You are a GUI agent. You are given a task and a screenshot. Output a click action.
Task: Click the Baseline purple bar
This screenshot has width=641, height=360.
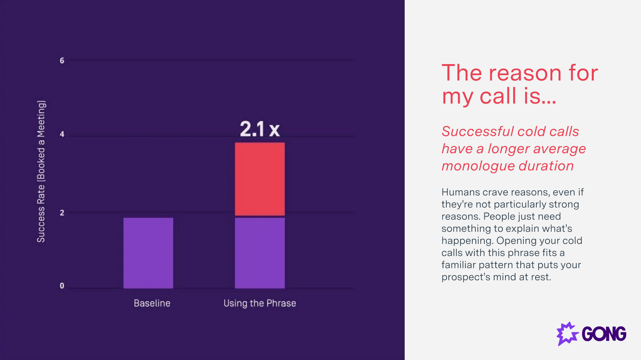(x=148, y=253)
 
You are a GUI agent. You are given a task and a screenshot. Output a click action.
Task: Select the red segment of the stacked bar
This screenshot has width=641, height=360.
(x=260, y=179)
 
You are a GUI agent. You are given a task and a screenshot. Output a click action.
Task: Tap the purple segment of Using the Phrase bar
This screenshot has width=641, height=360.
(x=260, y=253)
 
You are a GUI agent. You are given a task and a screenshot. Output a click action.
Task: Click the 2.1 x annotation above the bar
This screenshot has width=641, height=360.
(x=260, y=129)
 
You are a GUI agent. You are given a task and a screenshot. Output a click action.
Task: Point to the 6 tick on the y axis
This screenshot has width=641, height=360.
(x=62, y=61)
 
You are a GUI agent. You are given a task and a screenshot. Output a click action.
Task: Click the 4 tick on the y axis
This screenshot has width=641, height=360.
(x=62, y=134)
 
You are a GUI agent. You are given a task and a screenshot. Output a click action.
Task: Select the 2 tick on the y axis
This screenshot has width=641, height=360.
(x=62, y=213)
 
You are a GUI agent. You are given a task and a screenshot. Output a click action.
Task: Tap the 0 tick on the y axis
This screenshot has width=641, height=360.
(x=62, y=286)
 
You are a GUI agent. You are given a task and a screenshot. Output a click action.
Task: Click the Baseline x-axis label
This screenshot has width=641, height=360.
(x=152, y=303)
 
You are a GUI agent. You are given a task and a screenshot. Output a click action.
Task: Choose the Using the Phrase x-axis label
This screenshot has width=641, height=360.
(x=260, y=303)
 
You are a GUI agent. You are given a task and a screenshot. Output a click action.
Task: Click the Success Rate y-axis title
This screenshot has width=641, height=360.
(x=41, y=171)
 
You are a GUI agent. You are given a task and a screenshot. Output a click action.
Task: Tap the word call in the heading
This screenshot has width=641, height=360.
(x=498, y=96)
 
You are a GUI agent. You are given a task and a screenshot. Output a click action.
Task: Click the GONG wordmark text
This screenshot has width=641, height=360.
(x=604, y=334)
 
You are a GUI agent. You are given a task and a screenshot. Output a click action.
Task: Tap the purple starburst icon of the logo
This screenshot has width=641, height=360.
(x=567, y=334)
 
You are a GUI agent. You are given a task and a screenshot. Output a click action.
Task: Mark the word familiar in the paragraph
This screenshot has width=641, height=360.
(x=459, y=265)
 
